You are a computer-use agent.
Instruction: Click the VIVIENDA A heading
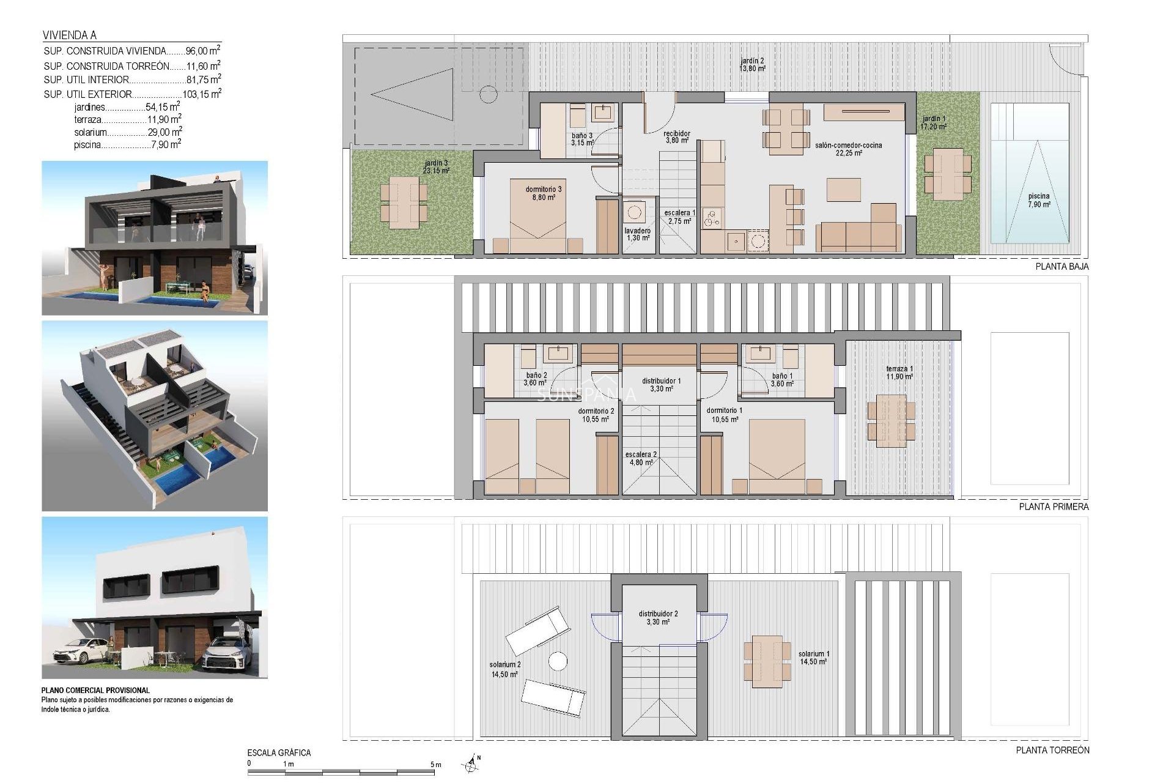pos(70,35)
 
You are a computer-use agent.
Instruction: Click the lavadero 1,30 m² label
pos(637,234)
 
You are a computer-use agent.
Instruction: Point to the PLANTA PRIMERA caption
pos(1054,507)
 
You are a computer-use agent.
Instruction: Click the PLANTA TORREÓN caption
pos(1052,750)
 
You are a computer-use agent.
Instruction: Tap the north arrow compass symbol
pos(470,763)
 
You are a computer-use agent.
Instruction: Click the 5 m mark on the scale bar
pos(435,765)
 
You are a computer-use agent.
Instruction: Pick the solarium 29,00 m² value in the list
pos(164,132)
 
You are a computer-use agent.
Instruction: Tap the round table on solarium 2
pos(557,661)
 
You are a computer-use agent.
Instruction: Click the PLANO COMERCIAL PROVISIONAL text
pos(95,690)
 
